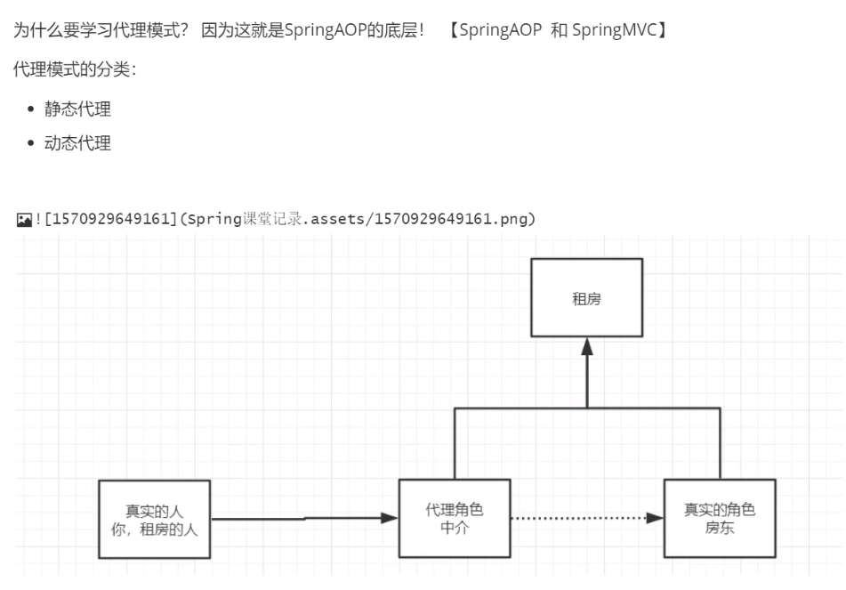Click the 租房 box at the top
point(586,299)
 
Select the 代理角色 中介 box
point(455,518)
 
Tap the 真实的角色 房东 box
point(719,518)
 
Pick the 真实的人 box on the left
point(154,519)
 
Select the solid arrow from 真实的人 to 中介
point(302,518)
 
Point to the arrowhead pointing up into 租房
point(587,348)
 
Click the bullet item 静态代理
point(77,109)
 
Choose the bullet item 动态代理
point(77,143)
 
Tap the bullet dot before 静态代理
point(32,110)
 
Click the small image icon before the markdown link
point(23,219)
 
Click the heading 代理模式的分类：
point(75,69)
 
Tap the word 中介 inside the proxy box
point(455,528)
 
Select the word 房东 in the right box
point(719,528)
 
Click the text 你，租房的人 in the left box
point(154,529)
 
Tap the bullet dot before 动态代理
point(32,143)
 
